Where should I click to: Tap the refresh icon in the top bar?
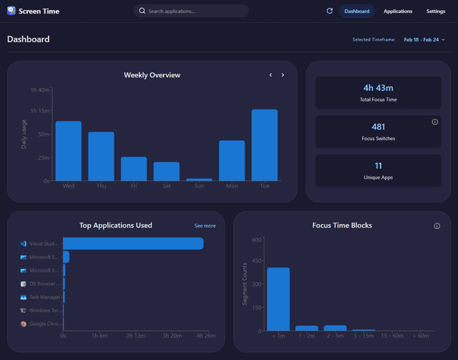pyautogui.click(x=329, y=11)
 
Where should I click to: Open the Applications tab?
pyautogui.click(x=398, y=11)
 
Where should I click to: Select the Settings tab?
pyautogui.click(x=436, y=11)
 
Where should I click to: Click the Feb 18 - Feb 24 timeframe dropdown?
pyautogui.click(x=424, y=40)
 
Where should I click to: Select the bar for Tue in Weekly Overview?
pyautogui.click(x=264, y=145)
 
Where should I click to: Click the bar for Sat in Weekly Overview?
pyautogui.click(x=167, y=172)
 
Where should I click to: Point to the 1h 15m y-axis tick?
pyautogui.click(x=39, y=111)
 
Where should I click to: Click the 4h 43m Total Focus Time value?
pyautogui.click(x=378, y=88)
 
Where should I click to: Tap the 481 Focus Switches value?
pyautogui.click(x=378, y=127)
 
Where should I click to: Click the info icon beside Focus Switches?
pyautogui.click(x=435, y=122)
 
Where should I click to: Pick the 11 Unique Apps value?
pyautogui.click(x=378, y=165)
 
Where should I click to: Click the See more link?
pyautogui.click(x=205, y=226)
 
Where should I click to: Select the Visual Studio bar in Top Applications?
pyautogui.click(x=133, y=244)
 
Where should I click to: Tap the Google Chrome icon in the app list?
pyautogui.click(x=24, y=324)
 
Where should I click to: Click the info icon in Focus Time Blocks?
pyautogui.click(x=437, y=226)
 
